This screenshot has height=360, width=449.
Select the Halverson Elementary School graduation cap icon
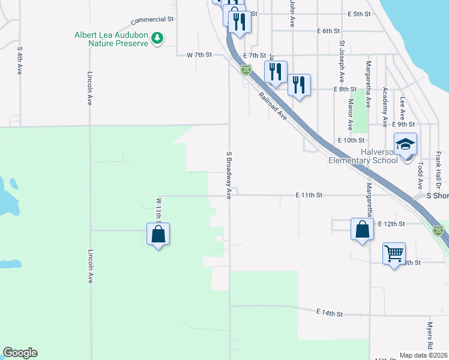pos(405,145)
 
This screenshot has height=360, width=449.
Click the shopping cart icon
pos(394,254)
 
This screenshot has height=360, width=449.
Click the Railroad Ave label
pos(273,106)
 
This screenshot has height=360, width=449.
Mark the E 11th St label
pos(309,196)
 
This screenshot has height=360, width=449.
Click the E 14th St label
pos(330,313)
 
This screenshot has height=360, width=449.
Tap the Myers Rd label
pos(430,336)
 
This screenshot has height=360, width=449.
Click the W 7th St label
pos(199,55)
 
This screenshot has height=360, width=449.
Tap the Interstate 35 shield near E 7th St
pos(246,70)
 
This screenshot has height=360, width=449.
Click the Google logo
pos(20,353)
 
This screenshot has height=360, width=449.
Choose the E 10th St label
pos(352,140)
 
